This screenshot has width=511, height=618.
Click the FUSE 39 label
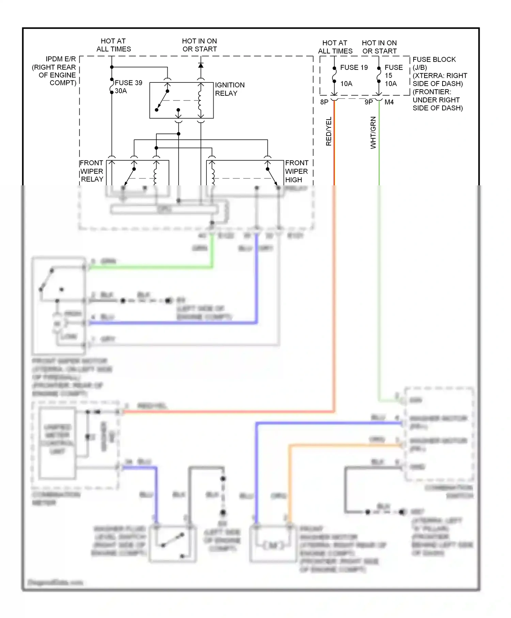point(128,83)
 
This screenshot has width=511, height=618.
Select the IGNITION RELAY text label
point(229,89)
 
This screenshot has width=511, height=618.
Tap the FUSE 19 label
point(354,67)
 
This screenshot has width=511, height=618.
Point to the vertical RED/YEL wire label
point(329,132)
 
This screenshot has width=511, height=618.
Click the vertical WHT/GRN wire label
point(373,133)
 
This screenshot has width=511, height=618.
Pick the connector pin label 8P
point(324,102)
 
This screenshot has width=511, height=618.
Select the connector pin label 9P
point(369,102)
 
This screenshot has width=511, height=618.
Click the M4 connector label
point(389,102)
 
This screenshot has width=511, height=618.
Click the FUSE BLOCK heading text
point(434,60)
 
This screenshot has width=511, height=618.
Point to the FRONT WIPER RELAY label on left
point(91,171)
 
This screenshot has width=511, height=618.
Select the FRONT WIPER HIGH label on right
point(296,171)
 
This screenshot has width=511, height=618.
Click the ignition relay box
point(182,100)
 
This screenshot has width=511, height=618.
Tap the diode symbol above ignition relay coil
point(201,65)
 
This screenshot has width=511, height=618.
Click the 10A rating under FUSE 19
point(346,84)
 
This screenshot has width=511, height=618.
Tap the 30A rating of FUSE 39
point(121,91)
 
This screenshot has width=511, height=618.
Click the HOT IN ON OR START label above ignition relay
point(200,45)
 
